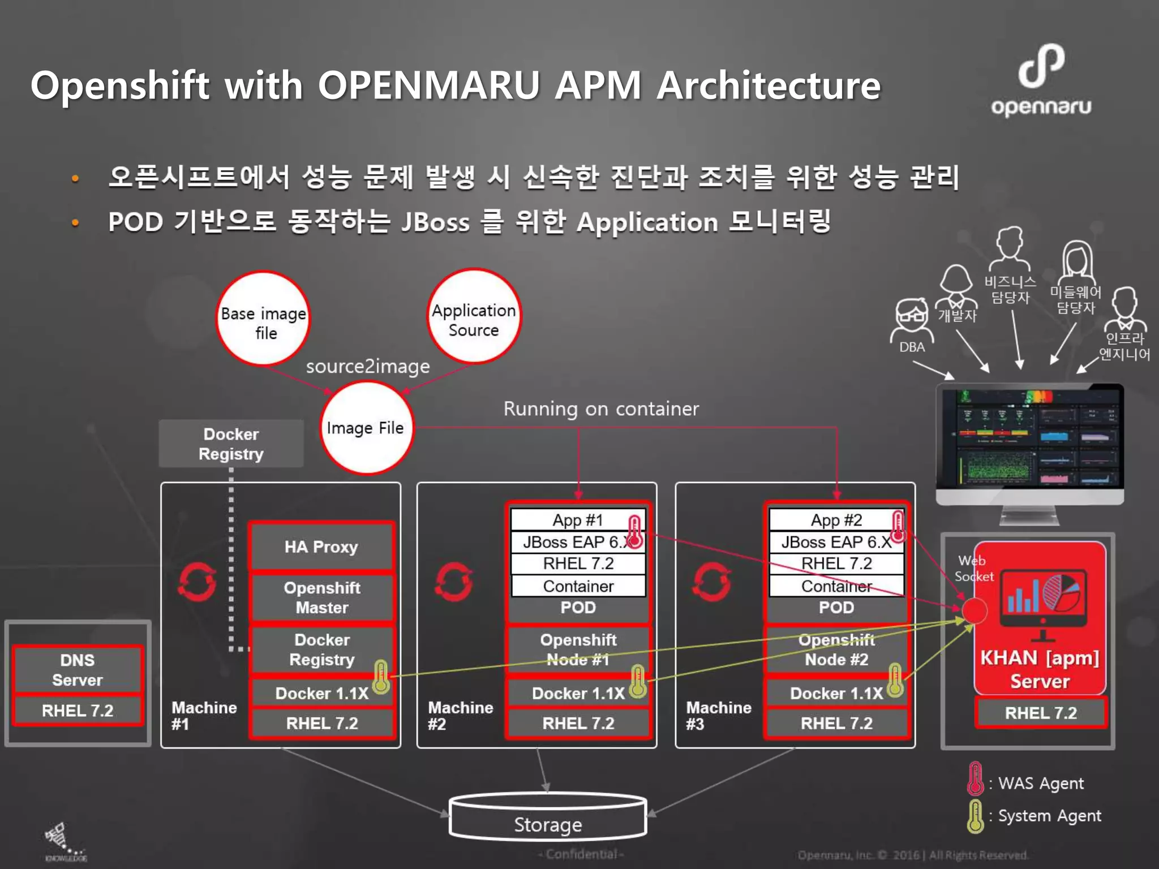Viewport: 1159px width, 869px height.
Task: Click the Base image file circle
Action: coord(263,318)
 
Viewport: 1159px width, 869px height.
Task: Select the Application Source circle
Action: coord(474,316)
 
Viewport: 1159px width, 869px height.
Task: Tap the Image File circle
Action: coord(366,428)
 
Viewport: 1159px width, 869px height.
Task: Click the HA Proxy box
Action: coord(321,547)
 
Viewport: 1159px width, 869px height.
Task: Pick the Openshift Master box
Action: coord(321,597)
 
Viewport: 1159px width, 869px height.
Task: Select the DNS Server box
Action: coord(78,670)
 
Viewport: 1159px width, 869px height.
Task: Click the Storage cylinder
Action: coord(548,818)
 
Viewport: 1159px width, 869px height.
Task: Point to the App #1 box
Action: coord(577,520)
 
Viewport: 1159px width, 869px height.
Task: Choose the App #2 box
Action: coord(836,520)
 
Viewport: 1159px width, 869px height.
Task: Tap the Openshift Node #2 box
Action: coord(836,649)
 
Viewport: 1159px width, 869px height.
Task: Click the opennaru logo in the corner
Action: coord(1041,80)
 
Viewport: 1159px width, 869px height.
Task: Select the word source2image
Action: coord(368,367)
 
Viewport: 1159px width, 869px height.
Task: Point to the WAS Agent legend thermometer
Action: coord(975,779)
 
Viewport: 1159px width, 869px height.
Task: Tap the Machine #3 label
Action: coord(718,715)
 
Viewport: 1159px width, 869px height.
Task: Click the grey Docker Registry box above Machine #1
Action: coord(231,444)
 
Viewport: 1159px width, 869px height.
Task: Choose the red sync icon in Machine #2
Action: coord(454,582)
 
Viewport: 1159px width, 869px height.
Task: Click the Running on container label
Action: coord(601,408)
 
